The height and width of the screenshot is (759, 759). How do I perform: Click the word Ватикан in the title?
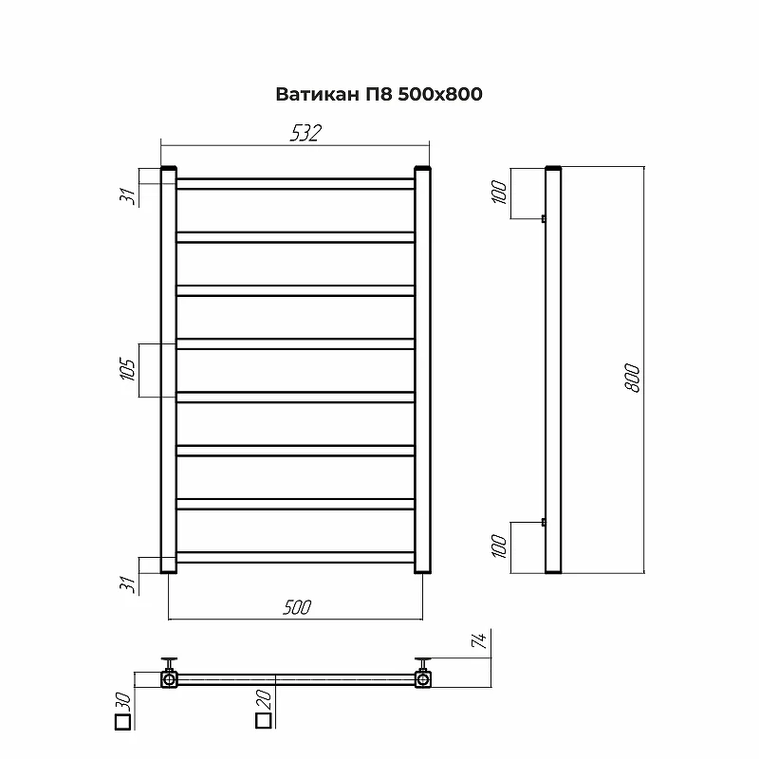pyautogui.click(x=318, y=94)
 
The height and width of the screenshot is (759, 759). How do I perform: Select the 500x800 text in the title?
pyautogui.click(x=440, y=94)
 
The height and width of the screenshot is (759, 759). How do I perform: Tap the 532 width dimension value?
pyautogui.click(x=305, y=133)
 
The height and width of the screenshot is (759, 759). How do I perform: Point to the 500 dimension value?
pyautogui.click(x=297, y=607)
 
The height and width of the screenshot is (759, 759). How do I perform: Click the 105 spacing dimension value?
pyautogui.click(x=128, y=370)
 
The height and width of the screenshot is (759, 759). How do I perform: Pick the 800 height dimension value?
pyautogui.click(x=632, y=378)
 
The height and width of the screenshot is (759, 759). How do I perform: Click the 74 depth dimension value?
pyautogui.click(x=478, y=640)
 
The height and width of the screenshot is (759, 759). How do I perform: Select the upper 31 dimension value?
pyautogui.click(x=128, y=196)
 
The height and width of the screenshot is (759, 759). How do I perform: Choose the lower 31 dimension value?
pyautogui.click(x=128, y=584)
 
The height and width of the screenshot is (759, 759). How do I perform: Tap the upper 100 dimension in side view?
pyautogui.click(x=499, y=192)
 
